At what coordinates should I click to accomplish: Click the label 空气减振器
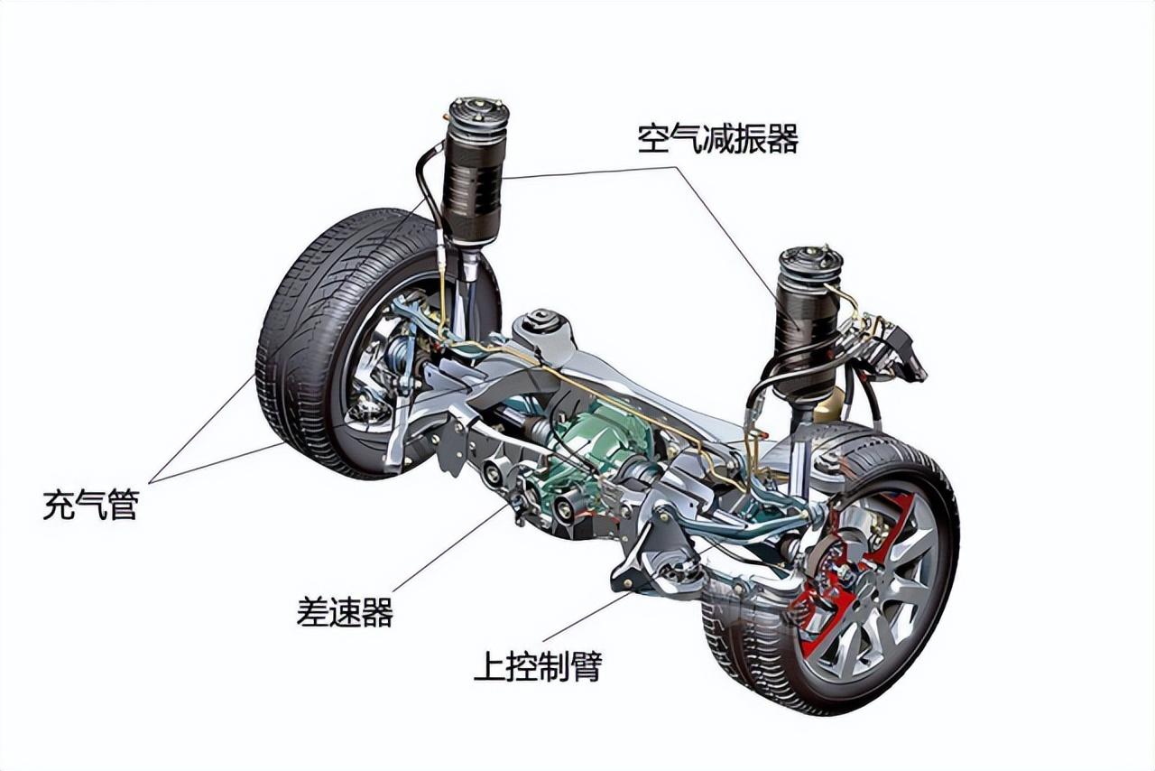717,139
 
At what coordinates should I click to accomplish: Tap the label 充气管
89,505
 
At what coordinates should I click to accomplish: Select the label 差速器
345,612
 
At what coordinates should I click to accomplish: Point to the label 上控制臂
537,666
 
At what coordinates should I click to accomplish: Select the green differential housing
600,442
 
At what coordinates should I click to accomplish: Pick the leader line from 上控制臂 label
587,617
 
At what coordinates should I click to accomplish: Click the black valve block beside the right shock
898,352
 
